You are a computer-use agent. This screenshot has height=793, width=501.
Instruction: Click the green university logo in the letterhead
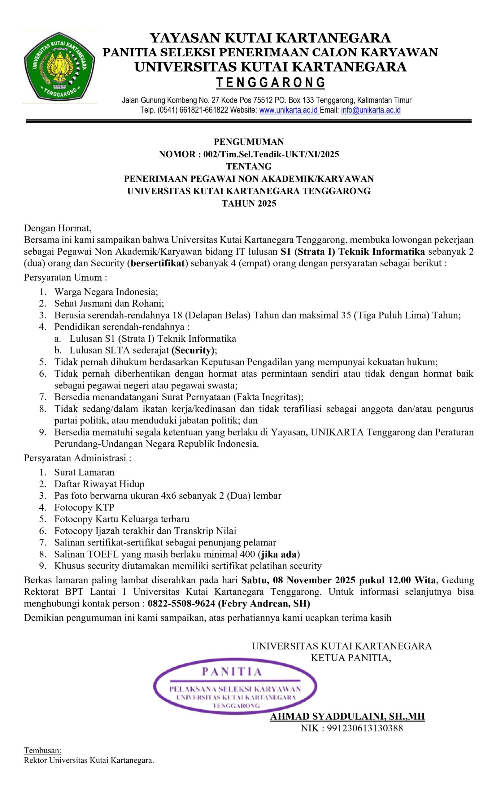click(x=59, y=67)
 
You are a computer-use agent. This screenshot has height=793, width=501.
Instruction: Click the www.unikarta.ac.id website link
click(x=289, y=110)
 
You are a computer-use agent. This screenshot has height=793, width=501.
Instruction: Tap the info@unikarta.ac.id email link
click(x=371, y=110)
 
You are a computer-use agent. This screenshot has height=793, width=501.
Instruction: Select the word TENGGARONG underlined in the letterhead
click(x=271, y=82)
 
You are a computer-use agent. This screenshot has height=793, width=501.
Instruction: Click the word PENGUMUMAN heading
click(x=249, y=142)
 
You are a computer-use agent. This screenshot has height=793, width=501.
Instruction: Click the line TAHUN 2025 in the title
click(x=249, y=204)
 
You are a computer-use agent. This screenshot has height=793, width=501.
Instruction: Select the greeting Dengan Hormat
click(x=57, y=228)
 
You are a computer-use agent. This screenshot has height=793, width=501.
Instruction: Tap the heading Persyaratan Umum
click(x=65, y=277)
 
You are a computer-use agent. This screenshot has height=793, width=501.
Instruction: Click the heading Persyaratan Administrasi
click(x=77, y=458)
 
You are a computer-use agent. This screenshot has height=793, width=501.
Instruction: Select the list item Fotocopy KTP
click(x=84, y=507)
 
